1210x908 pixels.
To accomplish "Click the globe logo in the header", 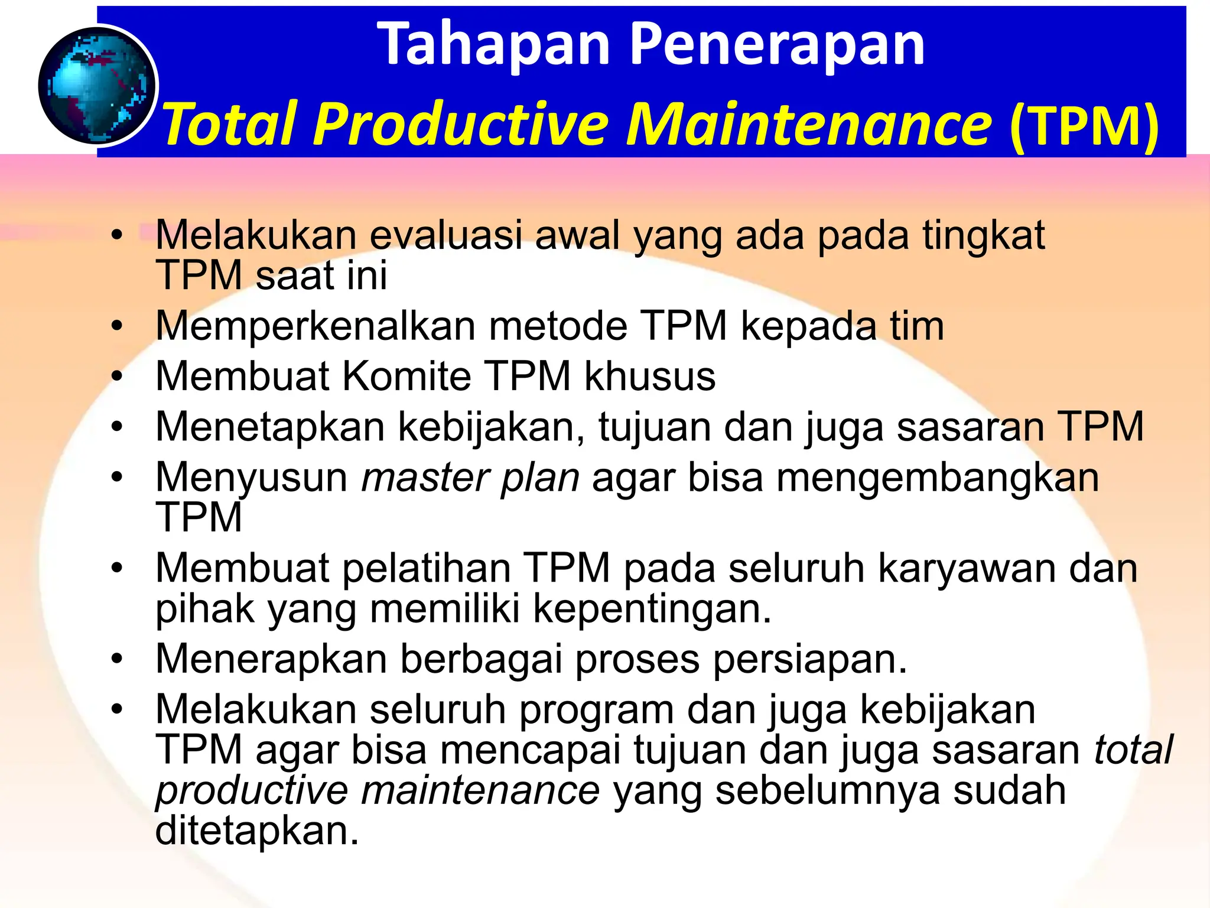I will click(x=97, y=86).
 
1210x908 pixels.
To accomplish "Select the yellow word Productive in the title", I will click(x=461, y=124).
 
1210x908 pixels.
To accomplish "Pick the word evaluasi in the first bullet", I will click(x=446, y=235).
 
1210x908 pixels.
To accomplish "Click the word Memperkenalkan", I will click(x=315, y=326).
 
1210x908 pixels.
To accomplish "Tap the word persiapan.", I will click(x=809, y=660).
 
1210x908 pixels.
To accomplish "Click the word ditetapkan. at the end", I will click(x=257, y=831).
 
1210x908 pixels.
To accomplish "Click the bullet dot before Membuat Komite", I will click(x=118, y=377).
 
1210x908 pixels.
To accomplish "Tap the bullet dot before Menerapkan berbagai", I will click(x=118, y=659).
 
